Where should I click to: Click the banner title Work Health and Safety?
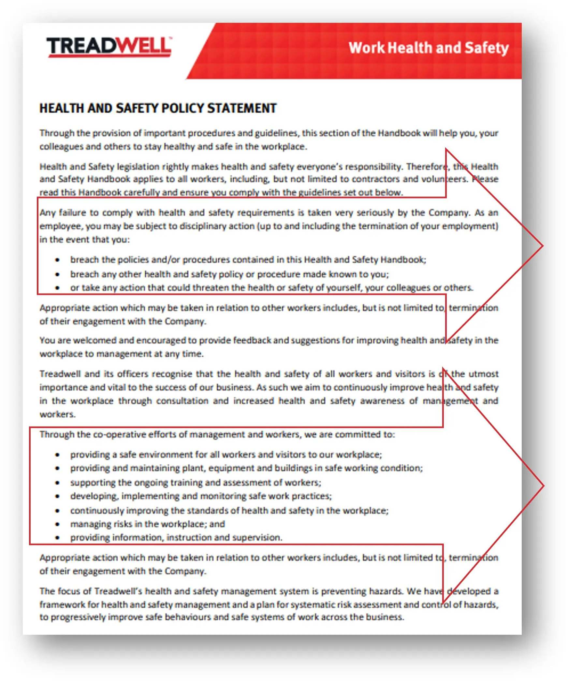pyautogui.click(x=428, y=48)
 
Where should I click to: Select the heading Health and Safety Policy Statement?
pyautogui.click(x=158, y=108)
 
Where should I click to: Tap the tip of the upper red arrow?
pyautogui.click(x=542, y=246)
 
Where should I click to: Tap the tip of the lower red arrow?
pyautogui.click(x=543, y=486)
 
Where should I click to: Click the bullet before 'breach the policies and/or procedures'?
pyautogui.click(x=57, y=260)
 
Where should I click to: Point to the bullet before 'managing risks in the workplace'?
pyautogui.click(x=57, y=524)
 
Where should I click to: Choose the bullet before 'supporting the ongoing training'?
pyautogui.click(x=57, y=483)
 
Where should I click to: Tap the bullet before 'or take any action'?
pyautogui.click(x=57, y=288)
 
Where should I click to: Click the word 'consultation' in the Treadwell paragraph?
pyautogui.click(x=182, y=401)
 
